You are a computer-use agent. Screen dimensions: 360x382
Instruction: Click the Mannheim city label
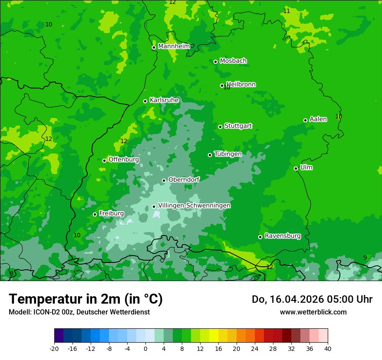(174, 46)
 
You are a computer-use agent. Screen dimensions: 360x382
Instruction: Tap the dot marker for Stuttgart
(221, 127)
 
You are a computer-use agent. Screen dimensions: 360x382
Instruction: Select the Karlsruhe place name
(164, 100)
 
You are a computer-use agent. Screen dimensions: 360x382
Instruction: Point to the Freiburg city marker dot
(95, 214)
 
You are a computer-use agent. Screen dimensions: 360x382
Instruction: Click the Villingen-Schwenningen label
(194, 206)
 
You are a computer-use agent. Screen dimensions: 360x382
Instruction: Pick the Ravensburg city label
(283, 236)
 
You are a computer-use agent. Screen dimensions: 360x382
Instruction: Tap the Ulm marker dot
(296, 168)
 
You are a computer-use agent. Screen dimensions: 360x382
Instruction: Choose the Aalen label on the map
(318, 119)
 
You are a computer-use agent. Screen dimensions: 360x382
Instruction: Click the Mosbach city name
(233, 61)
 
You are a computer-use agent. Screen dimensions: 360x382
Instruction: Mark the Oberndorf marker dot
(164, 180)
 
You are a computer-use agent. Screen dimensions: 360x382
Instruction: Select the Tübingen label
(228, 154)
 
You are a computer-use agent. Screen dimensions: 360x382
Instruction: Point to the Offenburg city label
(124, 160)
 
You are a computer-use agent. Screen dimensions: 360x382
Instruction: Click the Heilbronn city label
(241, 85)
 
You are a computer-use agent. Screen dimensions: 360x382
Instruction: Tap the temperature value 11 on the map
(286, 11)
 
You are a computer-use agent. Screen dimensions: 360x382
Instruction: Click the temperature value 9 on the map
(365, 258)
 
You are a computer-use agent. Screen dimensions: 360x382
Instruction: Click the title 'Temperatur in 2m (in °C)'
(86, 299)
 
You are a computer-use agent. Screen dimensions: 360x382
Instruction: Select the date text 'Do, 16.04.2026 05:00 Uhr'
(312, 299)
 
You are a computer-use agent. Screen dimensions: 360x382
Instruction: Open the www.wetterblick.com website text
(313, 312)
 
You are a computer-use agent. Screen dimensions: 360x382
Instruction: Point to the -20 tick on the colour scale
(54, 348)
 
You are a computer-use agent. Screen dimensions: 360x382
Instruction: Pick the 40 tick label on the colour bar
(328, 348)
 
